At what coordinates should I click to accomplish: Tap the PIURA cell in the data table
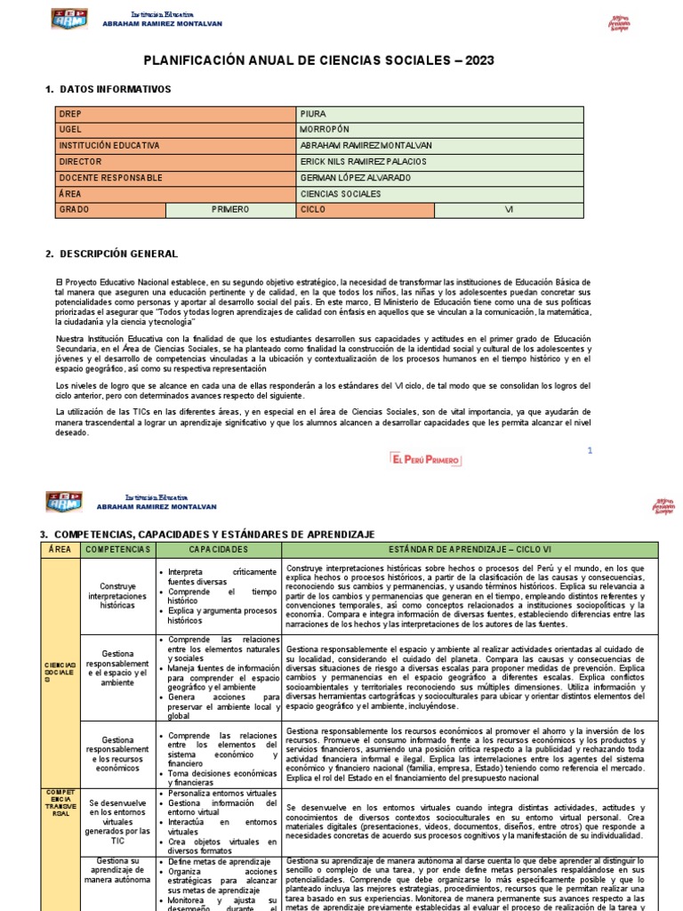click(x=313, y=114)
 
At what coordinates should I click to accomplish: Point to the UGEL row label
click(x=70, y=130)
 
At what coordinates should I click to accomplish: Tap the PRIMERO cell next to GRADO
click(x=231, y=210)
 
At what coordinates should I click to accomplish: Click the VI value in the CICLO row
click(x=510, y=210)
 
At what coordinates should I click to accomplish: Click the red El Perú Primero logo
click(x=425, y=458)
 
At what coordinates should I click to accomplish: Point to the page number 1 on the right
click(x=589, y=451)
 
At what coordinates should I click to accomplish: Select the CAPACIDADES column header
click(x=218, y=551)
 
